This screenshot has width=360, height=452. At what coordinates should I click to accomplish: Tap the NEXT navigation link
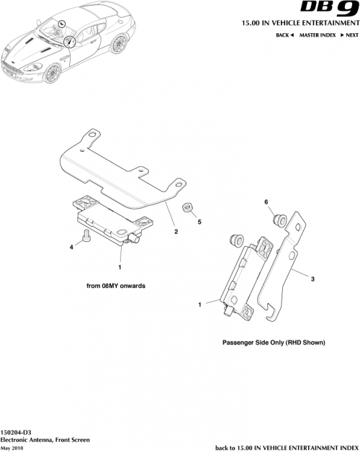click(x=349, y=35)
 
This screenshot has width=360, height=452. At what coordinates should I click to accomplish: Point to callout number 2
click(x=176, y=232)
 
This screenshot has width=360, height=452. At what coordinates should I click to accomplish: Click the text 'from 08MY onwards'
click(x=116, y=286)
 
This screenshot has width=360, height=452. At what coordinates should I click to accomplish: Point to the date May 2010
click(x=13, y=446)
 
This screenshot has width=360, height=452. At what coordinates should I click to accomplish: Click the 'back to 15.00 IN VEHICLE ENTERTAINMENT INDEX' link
click(x=287, y=446)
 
